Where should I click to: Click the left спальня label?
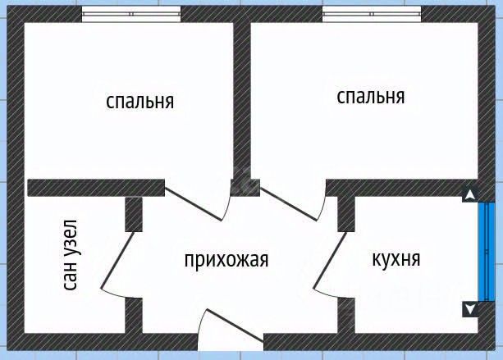click(x=140, y=102)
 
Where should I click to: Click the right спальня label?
click(x=371, y=96)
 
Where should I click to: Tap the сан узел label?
click(x=71, y=256)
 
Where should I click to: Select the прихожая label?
click(x=226, y=260)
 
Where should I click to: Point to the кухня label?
click(x=396, y=259)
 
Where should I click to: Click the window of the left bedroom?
click(x=131, y=14)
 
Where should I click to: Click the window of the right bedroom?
click(x=372, y=14)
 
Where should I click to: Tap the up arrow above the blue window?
click(x=470, y=195)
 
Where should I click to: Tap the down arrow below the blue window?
click(x=470, y=309)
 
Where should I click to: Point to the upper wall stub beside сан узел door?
click(x=134, y=213)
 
